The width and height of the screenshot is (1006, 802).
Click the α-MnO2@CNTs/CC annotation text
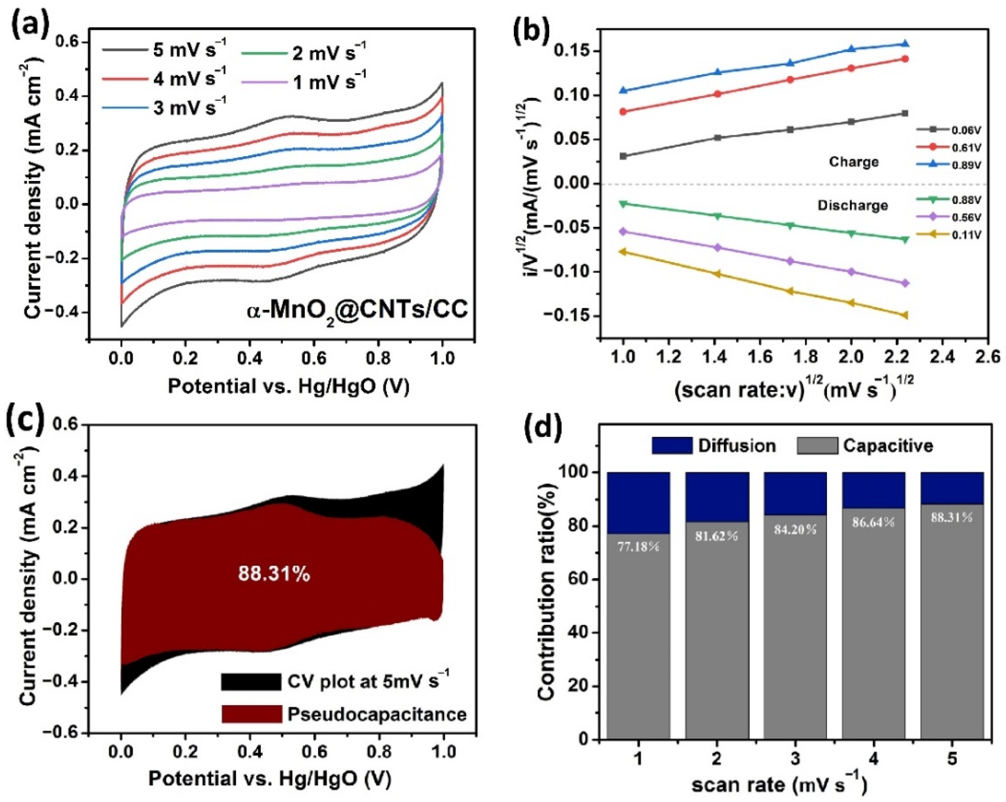click(x=357, y=310)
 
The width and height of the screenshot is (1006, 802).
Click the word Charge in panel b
click(x=853, y=162)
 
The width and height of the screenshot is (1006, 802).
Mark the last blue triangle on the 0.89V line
click(x=905, y=44)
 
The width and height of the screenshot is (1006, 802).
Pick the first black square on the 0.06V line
click(x=623, y=156)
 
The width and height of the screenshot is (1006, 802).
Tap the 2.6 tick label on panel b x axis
click(x=987, y=357)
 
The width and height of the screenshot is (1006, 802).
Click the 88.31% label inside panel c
click(x=274, y=574)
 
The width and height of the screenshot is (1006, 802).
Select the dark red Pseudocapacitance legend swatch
click(x=251, y=714)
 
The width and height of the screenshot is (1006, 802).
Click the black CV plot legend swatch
click(x=251, y=682)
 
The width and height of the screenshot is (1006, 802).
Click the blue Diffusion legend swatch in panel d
click(x=672, y=446)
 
